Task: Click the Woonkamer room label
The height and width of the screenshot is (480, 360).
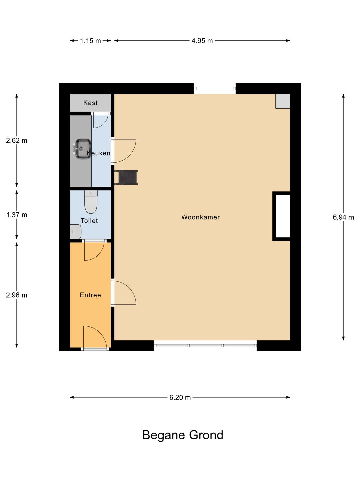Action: pyautogui.click(x=200, y=217)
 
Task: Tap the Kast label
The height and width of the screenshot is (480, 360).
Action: pyautogui.click(x=90, y=103)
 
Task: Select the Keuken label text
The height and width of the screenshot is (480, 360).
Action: pyautogui.click(x=98, y=153)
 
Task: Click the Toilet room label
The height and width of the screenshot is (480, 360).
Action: pyautogui.click(x=89, y=221)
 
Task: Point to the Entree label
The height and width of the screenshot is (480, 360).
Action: pyautogui.click(x=90, y=295)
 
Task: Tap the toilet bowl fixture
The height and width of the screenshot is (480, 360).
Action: pyautogui.click(x=91, y=202)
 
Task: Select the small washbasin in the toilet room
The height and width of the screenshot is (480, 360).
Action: pyautogui.click(x=75, y=232)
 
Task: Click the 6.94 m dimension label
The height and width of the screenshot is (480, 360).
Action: pyautogui.click(x=343, y=217)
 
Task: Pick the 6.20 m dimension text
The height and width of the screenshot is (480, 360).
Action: pyautogui.click(x=180, y=397)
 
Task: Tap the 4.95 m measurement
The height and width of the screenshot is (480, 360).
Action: pyautogui.click(x=202, y=41)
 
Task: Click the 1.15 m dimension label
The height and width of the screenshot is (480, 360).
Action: pyautogui.click(x=90, y=41)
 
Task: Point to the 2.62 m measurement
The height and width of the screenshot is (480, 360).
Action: pyautogui.click(x=17, y=140)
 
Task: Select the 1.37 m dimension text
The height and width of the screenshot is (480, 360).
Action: pyautogui.click(x=17, y=215)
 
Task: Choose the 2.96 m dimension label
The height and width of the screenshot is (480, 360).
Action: pyautogui.click(x=17, y=295)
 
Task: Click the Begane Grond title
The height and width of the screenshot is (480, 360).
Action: pyautogui.click(x=183, y=435)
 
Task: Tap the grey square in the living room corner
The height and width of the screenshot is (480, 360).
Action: pyautogui.click(x=283, y=101)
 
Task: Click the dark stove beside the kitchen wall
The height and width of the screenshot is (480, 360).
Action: pyautogui.click(x=127, y=177)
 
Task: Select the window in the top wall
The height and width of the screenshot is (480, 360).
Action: pyautogui.click(x=215, y=89)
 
